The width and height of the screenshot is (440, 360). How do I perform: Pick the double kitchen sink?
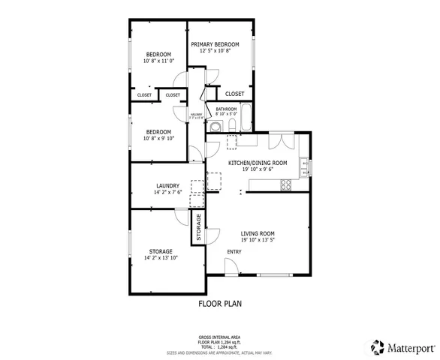(304, 166)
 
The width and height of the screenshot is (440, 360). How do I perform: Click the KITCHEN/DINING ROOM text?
(258, 163)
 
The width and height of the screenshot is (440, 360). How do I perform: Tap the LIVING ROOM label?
(258, 233)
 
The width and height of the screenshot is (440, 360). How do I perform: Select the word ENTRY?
(234, 251)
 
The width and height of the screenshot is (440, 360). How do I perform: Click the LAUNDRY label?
(167, 186)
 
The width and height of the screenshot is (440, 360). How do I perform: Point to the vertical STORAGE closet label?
(199, 228)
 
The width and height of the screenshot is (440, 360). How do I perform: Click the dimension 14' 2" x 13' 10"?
(160, 258)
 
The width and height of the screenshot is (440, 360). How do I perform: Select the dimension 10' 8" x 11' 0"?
(158, 61)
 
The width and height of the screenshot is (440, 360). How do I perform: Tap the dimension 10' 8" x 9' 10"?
(158, 138)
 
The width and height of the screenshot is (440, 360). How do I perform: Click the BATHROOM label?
(226, 109)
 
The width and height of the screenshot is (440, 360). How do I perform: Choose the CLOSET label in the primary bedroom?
(234, 94)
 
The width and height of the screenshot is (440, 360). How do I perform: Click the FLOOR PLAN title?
(220, 304)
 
